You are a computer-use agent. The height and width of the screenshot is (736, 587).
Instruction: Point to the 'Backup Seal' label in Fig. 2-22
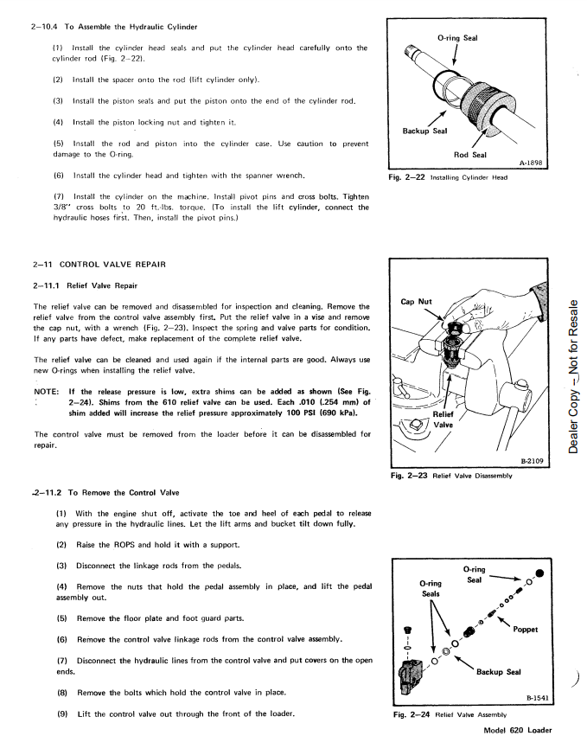tap(425, 131)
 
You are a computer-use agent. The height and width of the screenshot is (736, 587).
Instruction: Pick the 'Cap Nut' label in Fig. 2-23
tap(418, 303)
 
